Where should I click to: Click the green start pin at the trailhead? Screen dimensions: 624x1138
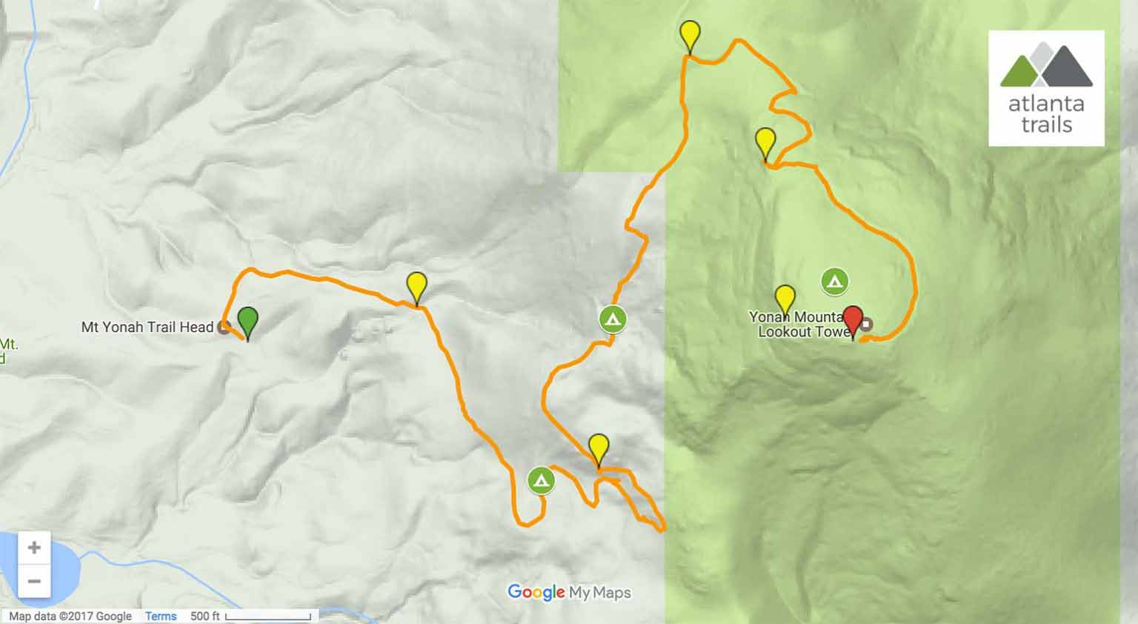[247, 322]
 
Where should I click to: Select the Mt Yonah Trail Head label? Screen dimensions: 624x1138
[147, 327]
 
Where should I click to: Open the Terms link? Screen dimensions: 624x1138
[161, 616]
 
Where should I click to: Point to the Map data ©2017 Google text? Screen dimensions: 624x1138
[70, 616]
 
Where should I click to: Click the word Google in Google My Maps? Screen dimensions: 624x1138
[536, 592]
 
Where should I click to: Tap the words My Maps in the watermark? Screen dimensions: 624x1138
[600, 592]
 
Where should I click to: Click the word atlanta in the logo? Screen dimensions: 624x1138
[1045, 104]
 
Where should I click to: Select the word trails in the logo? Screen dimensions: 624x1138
[1046, 124]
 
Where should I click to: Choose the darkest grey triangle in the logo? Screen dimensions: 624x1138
[1068, 67]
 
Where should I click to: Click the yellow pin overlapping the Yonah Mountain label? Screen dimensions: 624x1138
[784, 299]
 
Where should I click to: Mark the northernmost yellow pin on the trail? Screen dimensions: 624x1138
[690, 35]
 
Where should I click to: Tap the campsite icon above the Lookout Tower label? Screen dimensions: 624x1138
[834, 282]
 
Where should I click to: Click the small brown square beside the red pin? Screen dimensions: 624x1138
[867, 324]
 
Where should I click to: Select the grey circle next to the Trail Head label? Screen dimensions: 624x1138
[223, 328]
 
